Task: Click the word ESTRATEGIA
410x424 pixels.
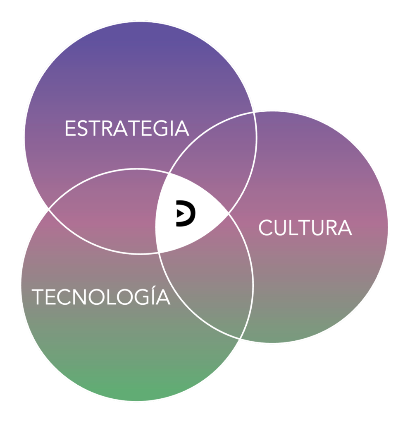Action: tap(127, 128)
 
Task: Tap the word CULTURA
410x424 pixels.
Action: tap(305, 228)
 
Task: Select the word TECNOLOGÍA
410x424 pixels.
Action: tap(101, 297)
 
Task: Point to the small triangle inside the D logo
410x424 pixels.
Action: tap(180, 213)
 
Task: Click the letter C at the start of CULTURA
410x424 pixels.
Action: tap(267, 228)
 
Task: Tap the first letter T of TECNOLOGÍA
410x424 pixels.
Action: tap(38, 297)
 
